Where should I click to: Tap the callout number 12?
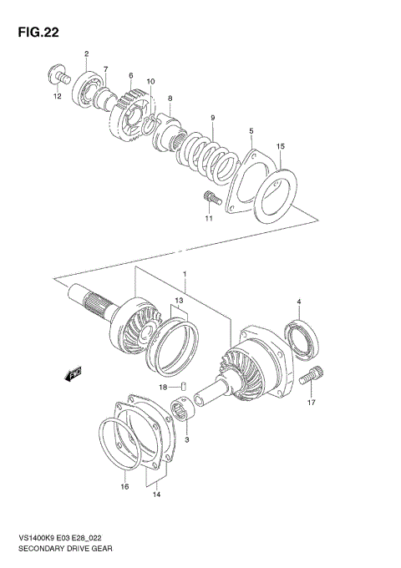pyautogui.click(x=58, y=96)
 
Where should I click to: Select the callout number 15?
pyautogui.click(x=282, y=147)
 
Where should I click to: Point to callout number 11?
pyautogui.click(x=209, y=219)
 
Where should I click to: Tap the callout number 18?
pyautogui.click(x=164, y=387)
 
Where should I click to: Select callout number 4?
pyautogui.click(x=298, y=301)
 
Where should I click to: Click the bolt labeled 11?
pyautogui.click(x=210, y=198)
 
